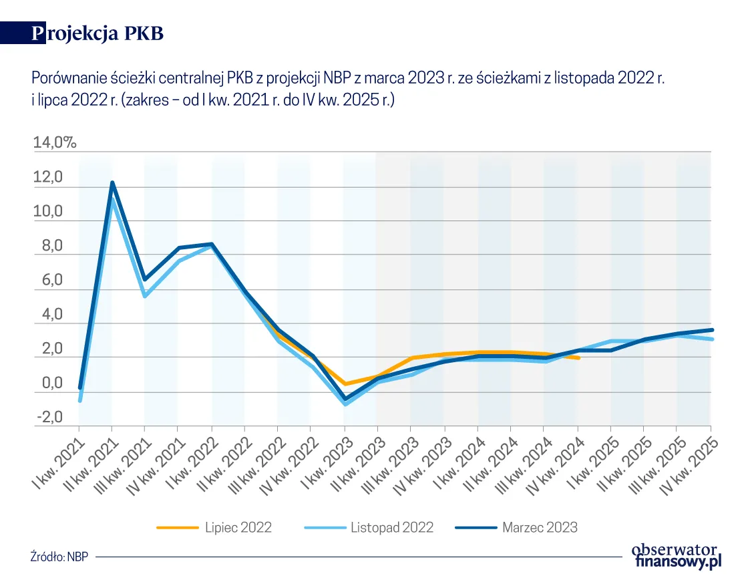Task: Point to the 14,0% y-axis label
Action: click(55, 142)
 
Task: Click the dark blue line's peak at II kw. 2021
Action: click(112, 182)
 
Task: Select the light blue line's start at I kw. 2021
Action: click(80, 400)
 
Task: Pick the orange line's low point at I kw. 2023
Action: click(345, 384)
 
